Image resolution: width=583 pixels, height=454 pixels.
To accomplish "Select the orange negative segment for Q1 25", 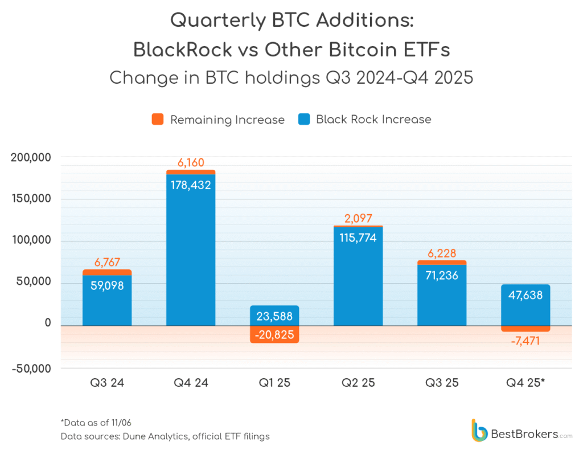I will pyautogui.click(x=274, y=335).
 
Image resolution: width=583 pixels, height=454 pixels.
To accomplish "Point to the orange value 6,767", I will pyautogui.click(x=107, y=263).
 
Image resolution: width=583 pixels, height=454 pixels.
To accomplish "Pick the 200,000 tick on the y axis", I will pyautogui.click(x=31, y=158).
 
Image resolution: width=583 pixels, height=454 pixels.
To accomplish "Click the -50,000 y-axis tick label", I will pyautogui.click(x=31, y=368).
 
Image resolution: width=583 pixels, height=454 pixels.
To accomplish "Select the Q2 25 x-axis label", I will pyautogui.click(x=358, y=382).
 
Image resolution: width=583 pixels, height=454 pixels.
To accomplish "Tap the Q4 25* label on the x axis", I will pyautogui.click(x=525, y=382).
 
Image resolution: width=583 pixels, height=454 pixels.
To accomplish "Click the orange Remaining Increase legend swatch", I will pyautogui.click(x=158, y=120).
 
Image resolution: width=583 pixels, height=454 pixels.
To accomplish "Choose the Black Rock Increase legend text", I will pyautogui.click(x=373, y=120).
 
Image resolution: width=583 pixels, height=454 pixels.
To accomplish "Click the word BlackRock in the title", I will pyautogui.click(x=182, y=50).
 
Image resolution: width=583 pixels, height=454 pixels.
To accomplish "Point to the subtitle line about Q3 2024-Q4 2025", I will pyautogui.click(x=291, y=77).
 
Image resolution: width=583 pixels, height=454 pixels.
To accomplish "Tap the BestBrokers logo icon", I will pyautogui.click(x=479, y=430).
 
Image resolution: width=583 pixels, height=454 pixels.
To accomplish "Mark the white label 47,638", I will pyautogui.click(x=525, y=295).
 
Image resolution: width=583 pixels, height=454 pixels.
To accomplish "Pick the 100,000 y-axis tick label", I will pyautogui.click(x=31, y=241).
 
